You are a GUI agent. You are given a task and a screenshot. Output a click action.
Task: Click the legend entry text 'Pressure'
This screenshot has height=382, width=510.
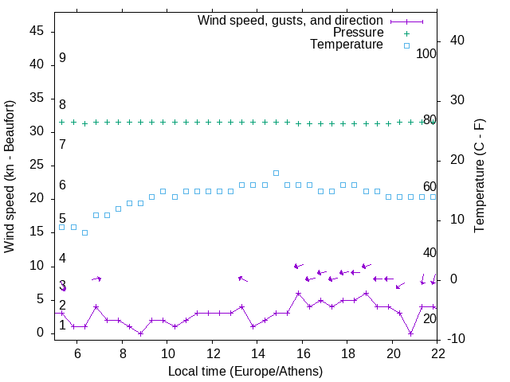[358, 33]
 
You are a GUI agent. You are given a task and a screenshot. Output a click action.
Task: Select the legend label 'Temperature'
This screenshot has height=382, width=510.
[347, 45]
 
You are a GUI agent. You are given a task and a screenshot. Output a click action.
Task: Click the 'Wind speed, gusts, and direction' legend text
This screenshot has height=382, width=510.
[290, 20]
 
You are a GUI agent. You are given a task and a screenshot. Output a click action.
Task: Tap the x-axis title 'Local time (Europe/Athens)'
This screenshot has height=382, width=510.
[245, 371]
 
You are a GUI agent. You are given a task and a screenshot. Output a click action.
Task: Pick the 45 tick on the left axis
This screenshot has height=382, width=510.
[37, 31]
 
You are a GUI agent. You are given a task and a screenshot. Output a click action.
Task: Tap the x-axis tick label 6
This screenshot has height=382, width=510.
[77, 353]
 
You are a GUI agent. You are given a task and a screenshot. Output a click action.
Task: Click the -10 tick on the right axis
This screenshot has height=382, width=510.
[456, 339]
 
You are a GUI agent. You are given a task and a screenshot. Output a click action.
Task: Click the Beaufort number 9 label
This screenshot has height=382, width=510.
[62, 58]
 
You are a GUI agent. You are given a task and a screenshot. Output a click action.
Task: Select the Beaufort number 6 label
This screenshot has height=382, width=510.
[62, 185]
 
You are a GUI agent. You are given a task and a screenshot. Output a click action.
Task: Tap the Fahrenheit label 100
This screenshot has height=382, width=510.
[426, 53]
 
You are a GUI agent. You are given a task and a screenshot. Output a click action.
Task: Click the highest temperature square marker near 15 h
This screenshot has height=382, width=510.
[277, 173]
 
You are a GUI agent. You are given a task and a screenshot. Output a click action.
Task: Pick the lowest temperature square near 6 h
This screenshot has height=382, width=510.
[84, 232]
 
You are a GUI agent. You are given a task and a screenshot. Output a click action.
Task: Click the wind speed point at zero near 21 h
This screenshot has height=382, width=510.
[411, 333]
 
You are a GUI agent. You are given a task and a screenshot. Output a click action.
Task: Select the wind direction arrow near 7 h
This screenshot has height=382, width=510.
[96, 279]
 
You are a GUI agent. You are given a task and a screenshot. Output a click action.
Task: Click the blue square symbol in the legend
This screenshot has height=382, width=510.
[406, 45]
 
